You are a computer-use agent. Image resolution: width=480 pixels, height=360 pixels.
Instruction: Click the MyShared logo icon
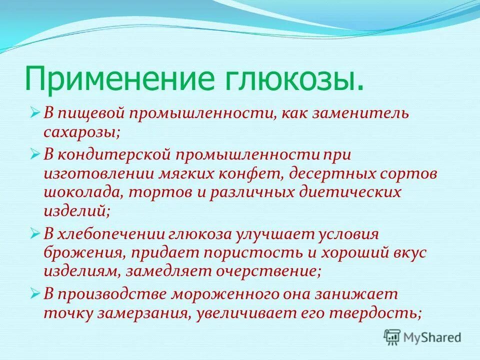(x=392, y=337)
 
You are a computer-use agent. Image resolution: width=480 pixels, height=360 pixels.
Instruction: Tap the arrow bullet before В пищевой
(x=35, y=113)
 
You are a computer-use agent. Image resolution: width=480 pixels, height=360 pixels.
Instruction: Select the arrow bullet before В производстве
(x=35, y=294)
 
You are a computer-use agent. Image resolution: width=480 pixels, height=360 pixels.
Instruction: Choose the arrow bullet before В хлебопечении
(x=35, y=234)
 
